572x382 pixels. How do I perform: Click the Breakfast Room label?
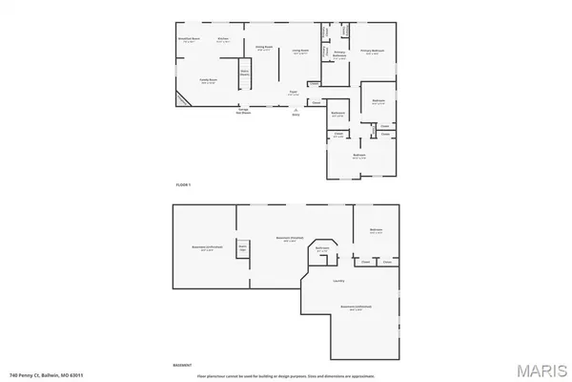(188, 39)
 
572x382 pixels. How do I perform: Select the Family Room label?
(205, 81)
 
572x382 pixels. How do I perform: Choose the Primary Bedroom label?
(373, 52)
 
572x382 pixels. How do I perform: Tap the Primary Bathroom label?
(339, 55)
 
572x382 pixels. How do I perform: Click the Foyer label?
(295, 92)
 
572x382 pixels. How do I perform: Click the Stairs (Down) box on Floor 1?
(244, 71)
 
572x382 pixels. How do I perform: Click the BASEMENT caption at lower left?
(182, 365)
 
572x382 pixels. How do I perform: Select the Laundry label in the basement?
(338, 281)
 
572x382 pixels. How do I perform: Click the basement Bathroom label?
(323, 247)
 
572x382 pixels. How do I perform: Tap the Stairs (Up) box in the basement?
(243, 248)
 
